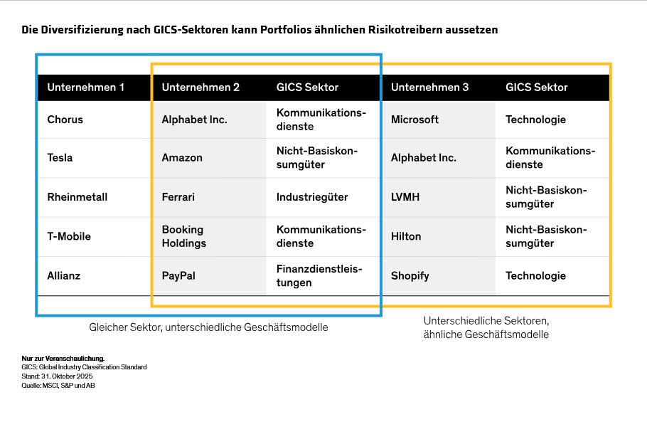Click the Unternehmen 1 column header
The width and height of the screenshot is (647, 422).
pyautogui.click(x=85, y=88)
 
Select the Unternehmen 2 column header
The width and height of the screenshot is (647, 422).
pyautogui.click(x=200, y=88)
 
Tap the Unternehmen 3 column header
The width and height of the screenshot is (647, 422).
pyautogui.click(x=429, y=88)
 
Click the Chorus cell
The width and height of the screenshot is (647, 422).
pyautogui.click(x=65, y=120)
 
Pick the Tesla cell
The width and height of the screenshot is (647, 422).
pyautogui.click(x=60, y=158)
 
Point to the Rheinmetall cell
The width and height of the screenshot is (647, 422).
pyautogui.click(x=77, y=197)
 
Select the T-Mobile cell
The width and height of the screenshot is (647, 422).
pyautogui.click(x=69, y=236)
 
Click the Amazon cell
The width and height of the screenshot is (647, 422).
pyautogui.click(x=182, y=158)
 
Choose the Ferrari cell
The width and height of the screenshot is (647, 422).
pyautogui.click(x=178, y=197)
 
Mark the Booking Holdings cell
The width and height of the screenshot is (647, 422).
pyautogui.click(x=184, y=236)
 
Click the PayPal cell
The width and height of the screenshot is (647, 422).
pyautogui.click(x=178, y=275)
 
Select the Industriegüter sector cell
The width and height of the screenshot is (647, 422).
pyautogui.click(x=312, y=197)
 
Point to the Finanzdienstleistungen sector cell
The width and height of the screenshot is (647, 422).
pyautogui.click(x=319, y=275)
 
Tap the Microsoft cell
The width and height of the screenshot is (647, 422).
pyautogui.click(x=415, y=120)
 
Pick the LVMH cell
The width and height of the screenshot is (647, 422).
pyautogui.click(x=405, y=197)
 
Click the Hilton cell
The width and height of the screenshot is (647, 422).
pyautogui.click(x=406, y=236)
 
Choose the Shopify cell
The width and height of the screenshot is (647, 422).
pyautogui.click(x=410, y=275)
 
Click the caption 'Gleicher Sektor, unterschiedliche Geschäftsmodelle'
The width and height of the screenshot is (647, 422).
pyautogui.click(x=208, y=327)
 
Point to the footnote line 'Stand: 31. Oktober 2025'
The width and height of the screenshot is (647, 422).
pyautogui.click(x=58, y=376)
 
